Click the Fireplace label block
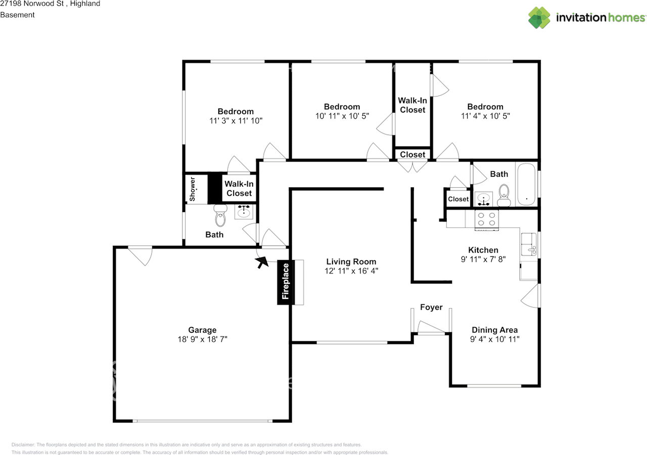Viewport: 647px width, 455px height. (x=285, y=283)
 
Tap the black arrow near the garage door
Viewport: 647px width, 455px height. (x=262, y=262)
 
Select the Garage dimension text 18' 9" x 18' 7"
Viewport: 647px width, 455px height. (x=202, y=339)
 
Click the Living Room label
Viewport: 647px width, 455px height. (x=351, y=262)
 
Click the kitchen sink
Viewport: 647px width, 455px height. (x=529, y=244)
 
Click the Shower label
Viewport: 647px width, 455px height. (x=193, y=188)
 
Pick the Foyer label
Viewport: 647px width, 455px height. (x=431, y=307)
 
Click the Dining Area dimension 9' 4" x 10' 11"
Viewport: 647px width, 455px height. (x=494, y=339)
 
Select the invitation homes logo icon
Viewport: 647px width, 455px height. (x=540, y=18)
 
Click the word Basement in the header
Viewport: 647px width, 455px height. (x=17, y=15)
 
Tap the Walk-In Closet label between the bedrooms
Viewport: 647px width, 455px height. (x=412, y=105)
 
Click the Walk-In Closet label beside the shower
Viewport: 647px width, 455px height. (x=239, y=189)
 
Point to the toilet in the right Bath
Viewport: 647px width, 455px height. (x=503, y=194)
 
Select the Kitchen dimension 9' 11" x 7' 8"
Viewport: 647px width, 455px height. (x=483, y=259)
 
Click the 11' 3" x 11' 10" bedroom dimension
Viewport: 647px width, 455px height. (x=236, y=121)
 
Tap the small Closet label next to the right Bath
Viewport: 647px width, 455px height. (x=458, y=199)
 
